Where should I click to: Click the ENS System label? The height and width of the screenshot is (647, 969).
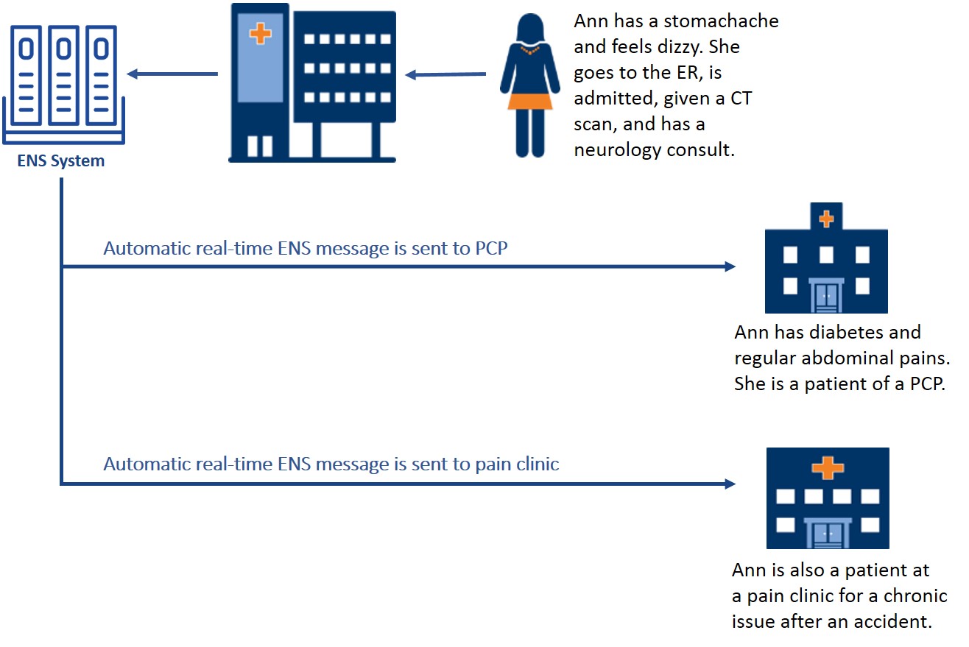pos(60,160)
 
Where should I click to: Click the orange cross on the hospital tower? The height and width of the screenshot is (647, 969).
pos(259,33)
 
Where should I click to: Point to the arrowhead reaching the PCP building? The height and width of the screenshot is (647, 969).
pos(730,266)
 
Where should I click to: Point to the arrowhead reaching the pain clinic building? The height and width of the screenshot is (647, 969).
pos(730,484)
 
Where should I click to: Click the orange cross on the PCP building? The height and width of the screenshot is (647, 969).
pos(826,218)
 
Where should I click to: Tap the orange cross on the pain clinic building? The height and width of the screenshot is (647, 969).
pos(828,467)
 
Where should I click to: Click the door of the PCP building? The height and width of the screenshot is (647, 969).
pos(825,297)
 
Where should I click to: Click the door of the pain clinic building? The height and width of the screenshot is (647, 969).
pos(828,533)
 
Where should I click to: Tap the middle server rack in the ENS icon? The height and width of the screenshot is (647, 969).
pos(64,74)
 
